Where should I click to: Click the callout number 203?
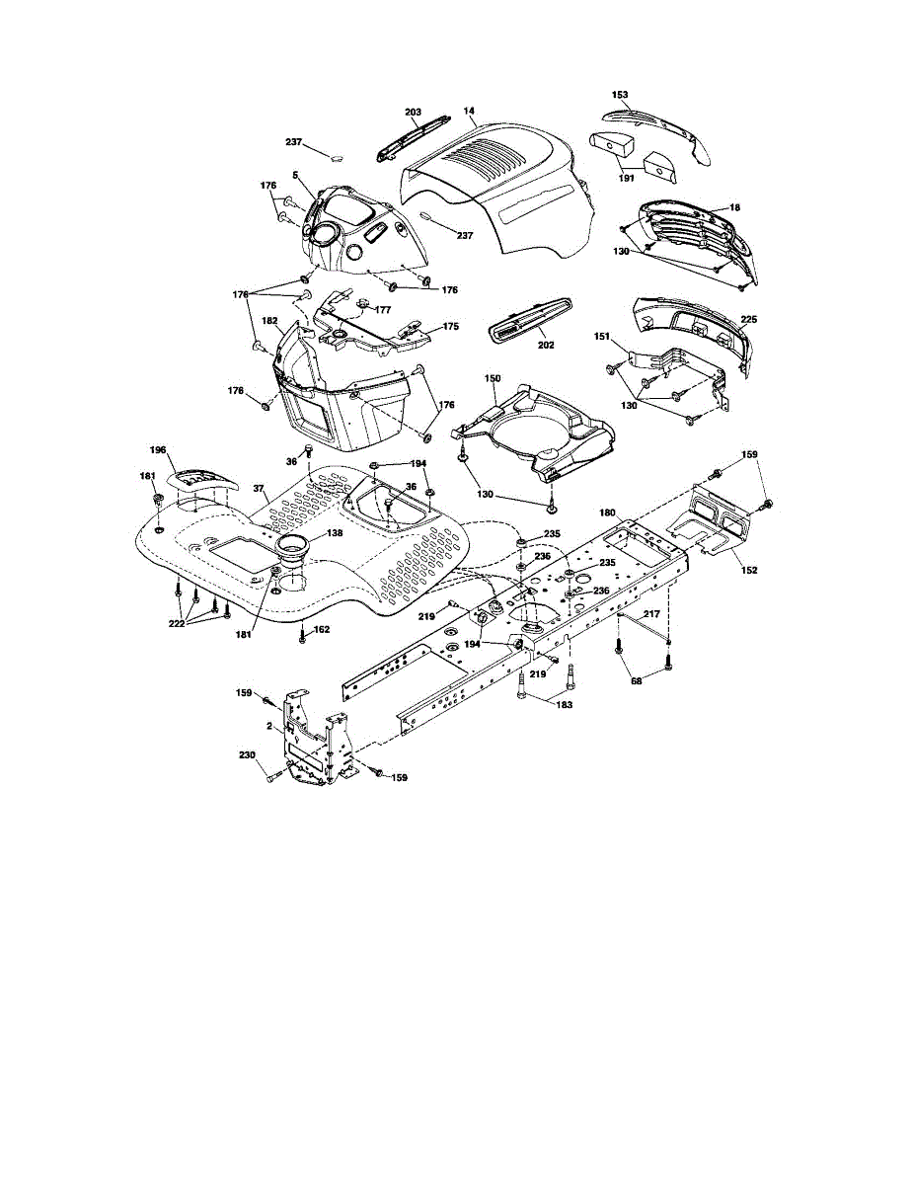pos(413,113)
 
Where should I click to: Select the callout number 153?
pos(620,95)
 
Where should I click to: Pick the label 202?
pos(546,345)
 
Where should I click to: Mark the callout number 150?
pos(492,378)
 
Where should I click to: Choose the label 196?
pos(157,450)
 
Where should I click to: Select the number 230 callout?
pos(247,755)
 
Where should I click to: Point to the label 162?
pos(322,629)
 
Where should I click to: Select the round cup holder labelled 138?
pos(293,546)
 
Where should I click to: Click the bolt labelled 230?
pos(270,777)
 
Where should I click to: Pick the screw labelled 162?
pos(302,638)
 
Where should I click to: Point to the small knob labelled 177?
pos(361,302)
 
